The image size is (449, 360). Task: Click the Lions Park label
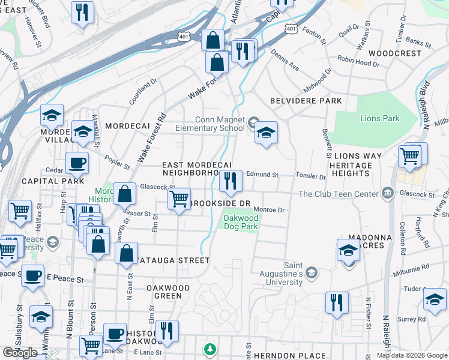tap(379, 118)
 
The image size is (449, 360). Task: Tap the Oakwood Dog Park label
tap(241, 223)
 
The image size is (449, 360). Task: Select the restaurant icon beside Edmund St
tap(231, 181)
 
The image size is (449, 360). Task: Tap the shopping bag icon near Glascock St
tap(124, 194)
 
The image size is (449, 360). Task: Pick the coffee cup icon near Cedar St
tap(76, 163)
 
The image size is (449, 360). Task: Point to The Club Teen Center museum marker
tap(387, 193)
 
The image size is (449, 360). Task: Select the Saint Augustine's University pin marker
tap(311, 273)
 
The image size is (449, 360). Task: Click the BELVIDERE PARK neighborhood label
tap(306, 101)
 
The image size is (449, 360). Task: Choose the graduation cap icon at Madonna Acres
tap(348, 250)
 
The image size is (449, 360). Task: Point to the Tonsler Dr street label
tap(310, 176)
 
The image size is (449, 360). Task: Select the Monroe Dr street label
tap(268, 210)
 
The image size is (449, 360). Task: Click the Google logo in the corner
tap(20, 352)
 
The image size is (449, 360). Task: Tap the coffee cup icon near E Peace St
tap(33, 275)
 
